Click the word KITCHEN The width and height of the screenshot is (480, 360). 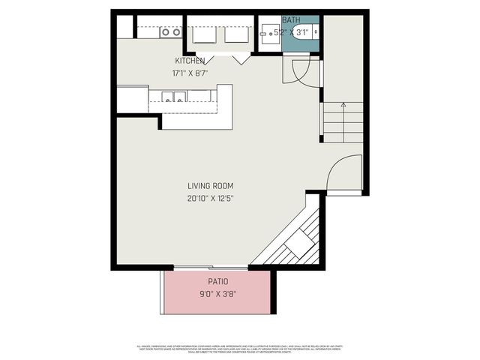pyautogui.click(x=190, y=61)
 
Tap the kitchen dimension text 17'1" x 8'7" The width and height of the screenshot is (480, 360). pyautogui.click(x=190, y=73)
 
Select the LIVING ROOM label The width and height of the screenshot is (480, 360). pyautogui.click(x=211, y=186)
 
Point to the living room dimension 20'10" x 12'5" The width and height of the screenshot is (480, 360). pyautogui.click(x=211, y=199)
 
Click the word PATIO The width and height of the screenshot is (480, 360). pyautogui.click(x=217, y=282)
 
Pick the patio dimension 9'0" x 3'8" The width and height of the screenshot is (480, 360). pyautogui.click(x=217, y=294)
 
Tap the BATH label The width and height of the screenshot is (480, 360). pyautogui.click(x=291, y=20)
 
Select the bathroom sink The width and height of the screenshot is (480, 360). pyautogui.click(x=268, y=32)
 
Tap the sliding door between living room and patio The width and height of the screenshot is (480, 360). pyautogui.click(x=211, y=267)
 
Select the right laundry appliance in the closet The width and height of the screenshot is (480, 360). pyautogui.click(x=236, y=34)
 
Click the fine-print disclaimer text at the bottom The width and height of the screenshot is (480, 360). pyautogui.click(x=240, y=348)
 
